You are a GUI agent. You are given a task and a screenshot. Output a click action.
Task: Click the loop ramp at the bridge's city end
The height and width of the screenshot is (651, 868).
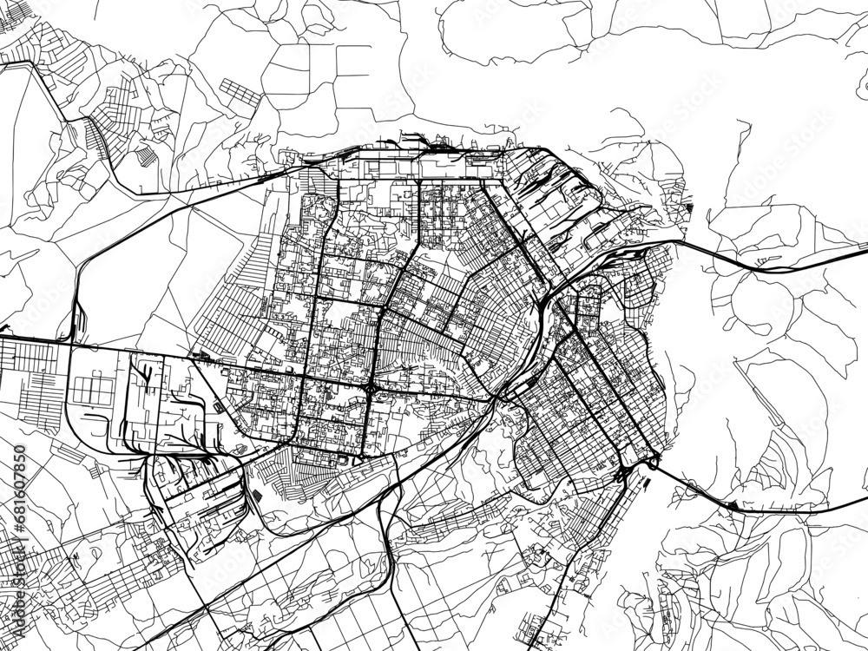[622, 474]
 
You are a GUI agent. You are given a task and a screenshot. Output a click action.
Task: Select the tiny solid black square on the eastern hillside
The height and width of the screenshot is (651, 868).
[689, 207]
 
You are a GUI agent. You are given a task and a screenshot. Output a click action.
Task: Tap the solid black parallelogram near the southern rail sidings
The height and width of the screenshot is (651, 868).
[258, 495]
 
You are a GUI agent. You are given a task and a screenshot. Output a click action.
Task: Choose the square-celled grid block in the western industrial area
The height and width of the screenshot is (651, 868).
[92, 388]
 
